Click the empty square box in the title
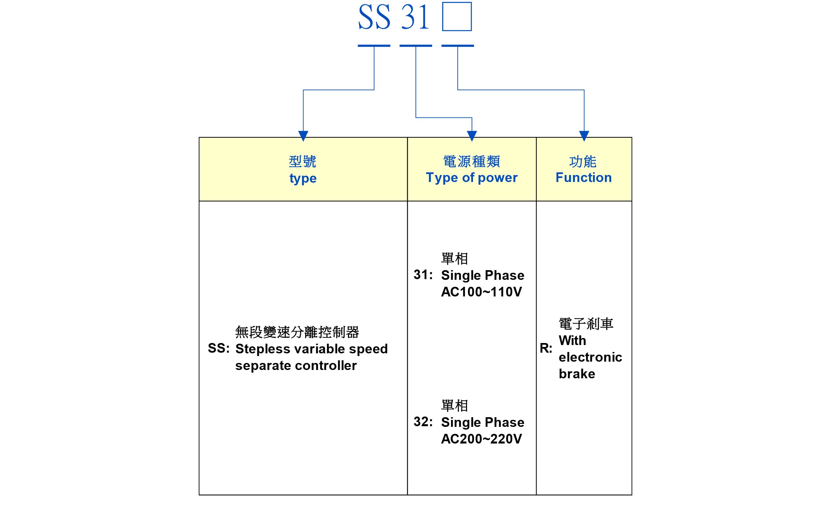[457, 17]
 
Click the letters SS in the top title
[374, 17]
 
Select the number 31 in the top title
[415, 17]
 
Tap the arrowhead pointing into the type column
[303, 135]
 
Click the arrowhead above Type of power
[472, 135]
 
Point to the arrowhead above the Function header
[584, 135]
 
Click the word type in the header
[303, 179]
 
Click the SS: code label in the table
[218, 348]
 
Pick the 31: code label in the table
[423, 274]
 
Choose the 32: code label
[423, 422]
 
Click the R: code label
[546, 348]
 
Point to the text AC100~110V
[481, 292]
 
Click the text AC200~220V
[481, 439]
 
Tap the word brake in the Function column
[577, 374]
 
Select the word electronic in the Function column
[590, 357]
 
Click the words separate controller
[296, 365]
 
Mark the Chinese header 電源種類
[472, 161]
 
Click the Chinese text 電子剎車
[586, 324]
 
